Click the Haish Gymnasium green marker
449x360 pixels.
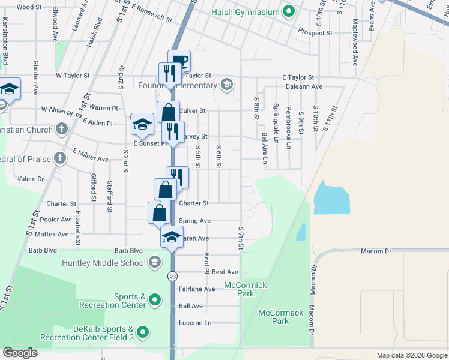(289, 11)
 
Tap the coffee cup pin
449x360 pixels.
(179, 61)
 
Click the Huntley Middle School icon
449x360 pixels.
(155, 262)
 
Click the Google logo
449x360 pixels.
(20, 353)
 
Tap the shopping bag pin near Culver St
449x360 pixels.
(168, 112)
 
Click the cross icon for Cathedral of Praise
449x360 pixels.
(59, 158)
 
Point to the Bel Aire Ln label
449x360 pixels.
(264, 148)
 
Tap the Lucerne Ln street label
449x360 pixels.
(195, 323)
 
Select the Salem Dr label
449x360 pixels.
(31, 179)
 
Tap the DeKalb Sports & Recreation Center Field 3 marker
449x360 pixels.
(143, 331)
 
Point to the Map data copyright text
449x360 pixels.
(411, 355)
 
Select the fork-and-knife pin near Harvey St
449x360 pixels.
(173, 133)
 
